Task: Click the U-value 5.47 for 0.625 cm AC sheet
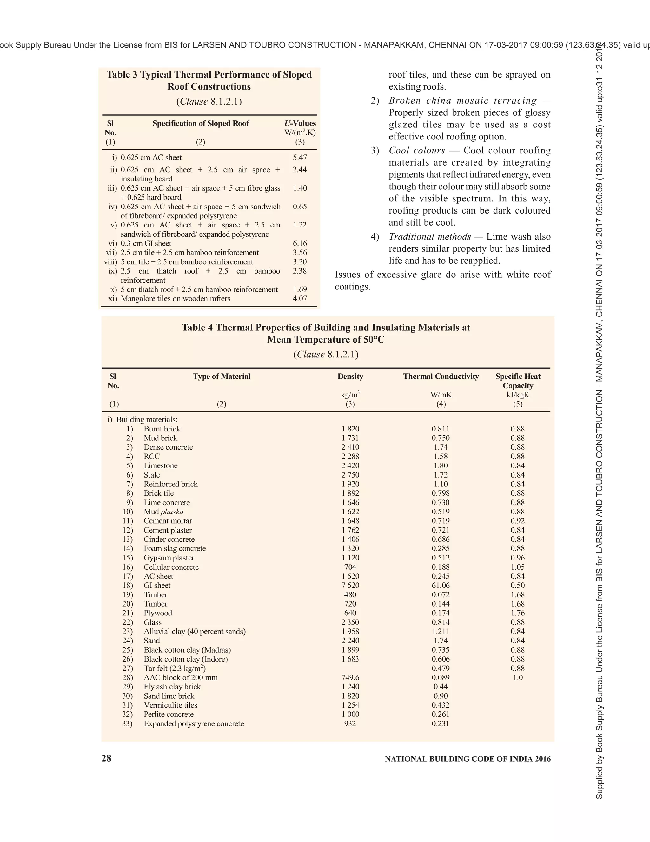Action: click(x=300, y=157)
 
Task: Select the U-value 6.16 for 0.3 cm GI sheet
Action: click(x=300, y=243)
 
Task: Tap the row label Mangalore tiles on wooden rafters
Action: click(x=175, y=298)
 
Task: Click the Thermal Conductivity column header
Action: click(x=441, y=376)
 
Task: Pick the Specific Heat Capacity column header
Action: click(x=518, y=381)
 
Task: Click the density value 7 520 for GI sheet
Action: click(x=350, y=585)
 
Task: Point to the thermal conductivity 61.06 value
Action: click(x=441, y=585)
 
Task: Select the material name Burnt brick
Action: click(x=162, y=429)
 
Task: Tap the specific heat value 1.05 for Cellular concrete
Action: click(x=518, y=567)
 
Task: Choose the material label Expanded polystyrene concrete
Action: click(x=194, y=723)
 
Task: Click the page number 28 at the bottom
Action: click(x=106, y=758)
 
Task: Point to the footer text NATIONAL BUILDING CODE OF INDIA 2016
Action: click(x=468, y=759)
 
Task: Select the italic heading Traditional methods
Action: click(x=430, y=236)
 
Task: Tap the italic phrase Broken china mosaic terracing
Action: click(x=462, y=101)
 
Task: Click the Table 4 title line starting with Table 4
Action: click(x=326, y=328)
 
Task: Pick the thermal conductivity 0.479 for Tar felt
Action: click(x=441, y=668)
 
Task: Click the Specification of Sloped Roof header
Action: click(x=201, y=123)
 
